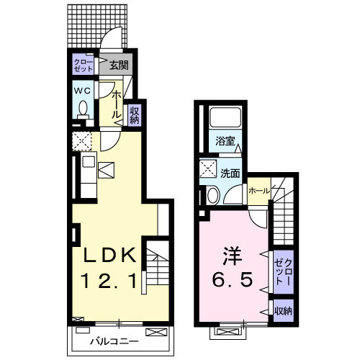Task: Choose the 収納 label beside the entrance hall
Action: (x=134, y=114)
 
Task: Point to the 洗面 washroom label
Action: (x=230, y=173)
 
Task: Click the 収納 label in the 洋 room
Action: (x=282, y=311)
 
